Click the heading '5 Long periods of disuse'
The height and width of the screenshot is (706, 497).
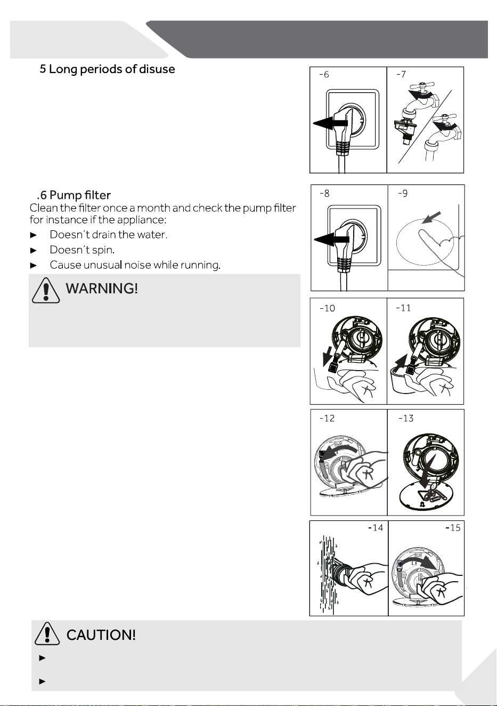click(107, 69)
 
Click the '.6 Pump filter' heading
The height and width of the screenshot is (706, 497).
click(74, 195)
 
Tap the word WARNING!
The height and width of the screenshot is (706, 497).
click(102, 288)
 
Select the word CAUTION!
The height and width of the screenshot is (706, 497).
click(101, 635)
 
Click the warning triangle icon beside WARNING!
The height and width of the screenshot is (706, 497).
click(46, 290)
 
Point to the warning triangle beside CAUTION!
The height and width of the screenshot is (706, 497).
click(47, 633)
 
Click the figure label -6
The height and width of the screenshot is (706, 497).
click(324, 74)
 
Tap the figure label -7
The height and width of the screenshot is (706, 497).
click(401, 74)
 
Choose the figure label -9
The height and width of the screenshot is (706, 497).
click(403, 193)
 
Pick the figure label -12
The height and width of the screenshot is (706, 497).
click(327, 418)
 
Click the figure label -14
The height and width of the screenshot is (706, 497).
click(376, 527)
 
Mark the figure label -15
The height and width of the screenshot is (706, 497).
click(453, 527)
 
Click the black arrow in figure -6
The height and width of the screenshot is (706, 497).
click(330, 123)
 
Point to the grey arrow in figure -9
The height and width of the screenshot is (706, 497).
click(431, 218)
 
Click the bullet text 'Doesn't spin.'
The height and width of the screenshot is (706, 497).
click(82, 250)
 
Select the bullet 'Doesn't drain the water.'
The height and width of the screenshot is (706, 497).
click(108, 235)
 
